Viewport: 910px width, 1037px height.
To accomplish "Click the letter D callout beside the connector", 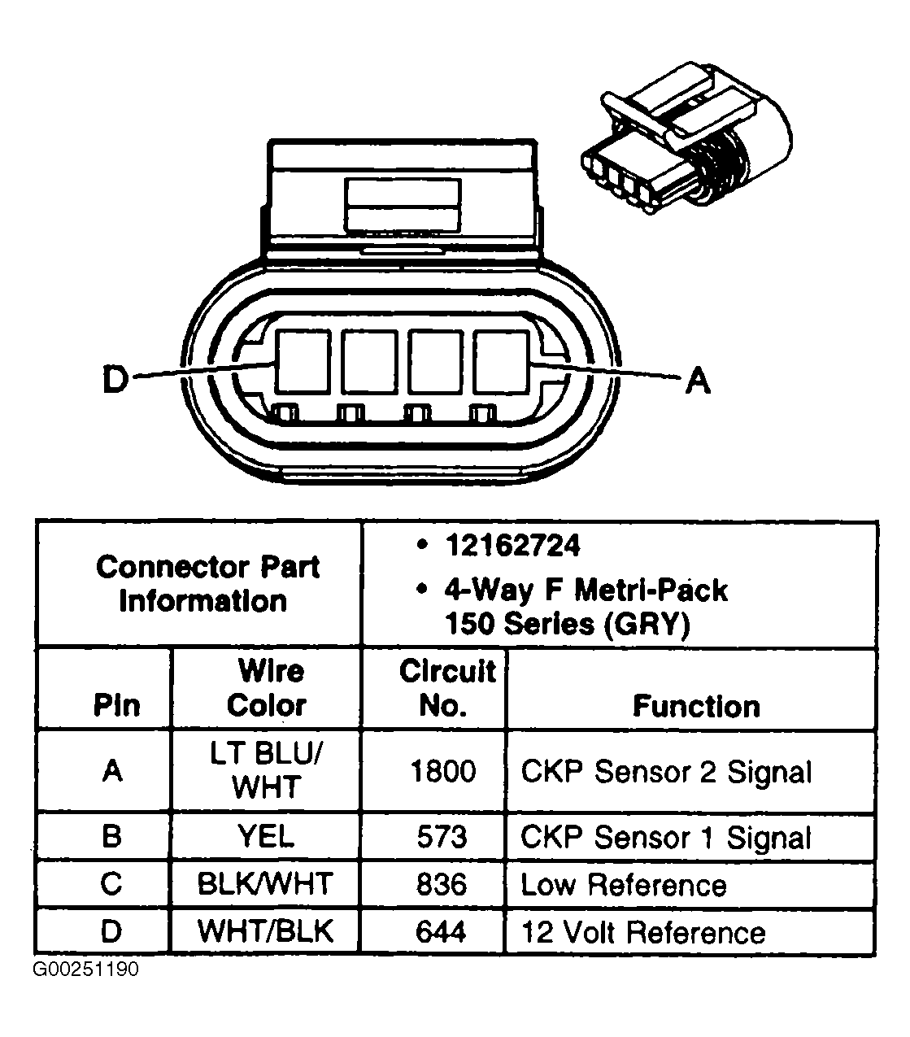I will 116,380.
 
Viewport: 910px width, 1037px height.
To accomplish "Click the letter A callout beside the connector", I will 698,380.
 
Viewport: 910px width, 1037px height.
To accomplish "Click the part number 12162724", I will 512,546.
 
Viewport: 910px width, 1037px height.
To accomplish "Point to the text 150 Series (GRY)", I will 567,624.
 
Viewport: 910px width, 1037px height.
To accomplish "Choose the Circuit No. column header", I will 446,688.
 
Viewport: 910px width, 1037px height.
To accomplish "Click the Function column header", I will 696,706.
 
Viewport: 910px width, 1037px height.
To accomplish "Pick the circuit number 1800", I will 442,771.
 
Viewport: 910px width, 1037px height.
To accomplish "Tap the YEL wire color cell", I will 265,837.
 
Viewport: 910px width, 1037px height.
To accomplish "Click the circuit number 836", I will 442,884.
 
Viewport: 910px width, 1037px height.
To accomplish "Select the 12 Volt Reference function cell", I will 642,932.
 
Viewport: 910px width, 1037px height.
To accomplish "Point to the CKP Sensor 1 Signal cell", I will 665,838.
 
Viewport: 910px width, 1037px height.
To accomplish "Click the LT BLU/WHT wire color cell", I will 265,770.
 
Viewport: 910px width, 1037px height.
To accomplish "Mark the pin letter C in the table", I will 111,884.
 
